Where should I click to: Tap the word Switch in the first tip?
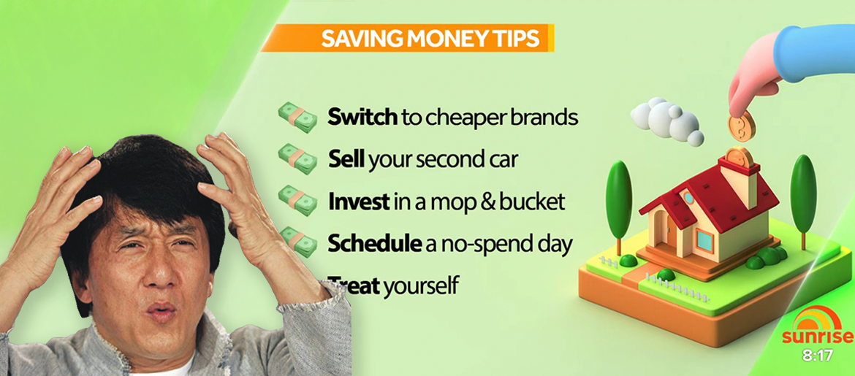[x=362, y=117]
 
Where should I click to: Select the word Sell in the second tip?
[x=347, y=159]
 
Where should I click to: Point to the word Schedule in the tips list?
[x=373, y=244]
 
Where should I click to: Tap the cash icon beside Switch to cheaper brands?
[x=297, y=117]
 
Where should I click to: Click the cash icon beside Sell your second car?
[x=297, y=158]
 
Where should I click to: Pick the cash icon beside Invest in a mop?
[x=297, y=201]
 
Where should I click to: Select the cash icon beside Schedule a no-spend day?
[x=297, y=242]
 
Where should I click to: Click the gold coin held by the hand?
[x=742, y=126]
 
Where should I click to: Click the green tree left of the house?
[x=618, y=205]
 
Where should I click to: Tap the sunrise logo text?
[x=817, y=337]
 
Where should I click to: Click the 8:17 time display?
[x=818, y=356]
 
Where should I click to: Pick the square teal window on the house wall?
[x=704, y=239]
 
